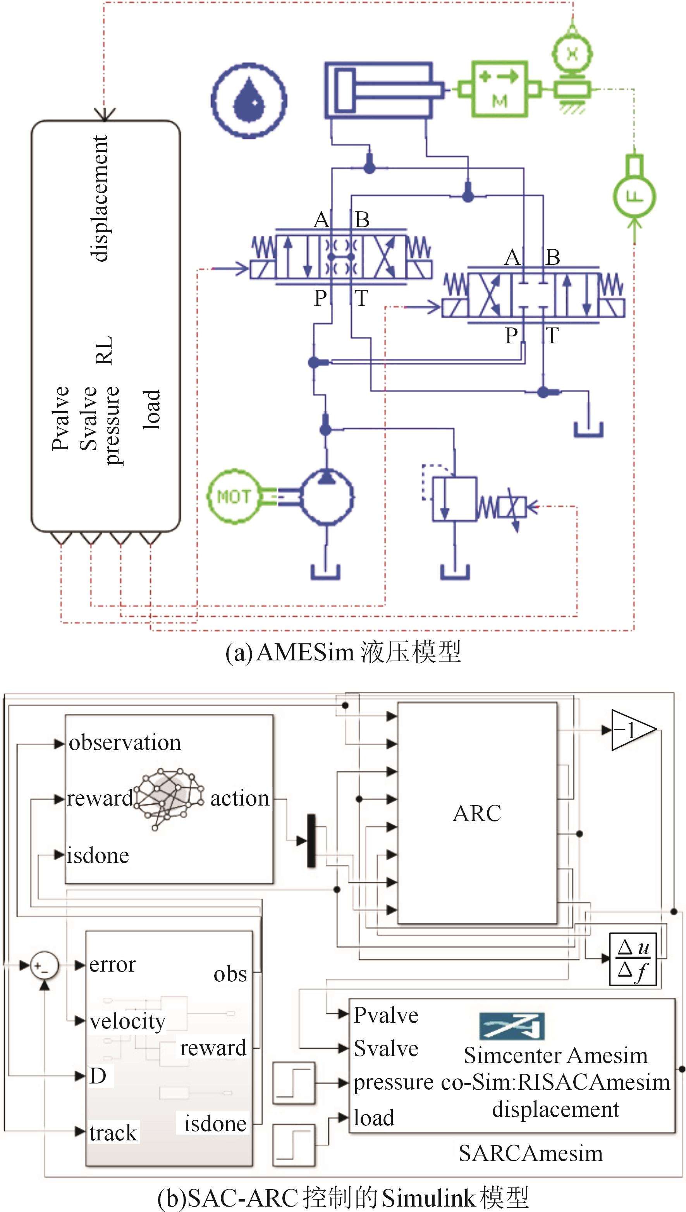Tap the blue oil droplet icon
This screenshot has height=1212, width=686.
(249, 101)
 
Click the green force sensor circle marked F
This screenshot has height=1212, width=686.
(634, 196)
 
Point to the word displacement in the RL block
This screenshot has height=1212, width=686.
(100, 198)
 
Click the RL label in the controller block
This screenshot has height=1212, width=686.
(104, 350)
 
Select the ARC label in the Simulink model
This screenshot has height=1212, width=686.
(477, 813)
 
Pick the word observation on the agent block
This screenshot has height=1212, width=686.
(125, 742)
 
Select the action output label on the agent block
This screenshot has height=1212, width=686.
(239, 798)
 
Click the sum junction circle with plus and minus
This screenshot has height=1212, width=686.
(44, 965)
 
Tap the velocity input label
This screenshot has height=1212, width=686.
(127, 1021)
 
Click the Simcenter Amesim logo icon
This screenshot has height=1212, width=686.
(512, 1027)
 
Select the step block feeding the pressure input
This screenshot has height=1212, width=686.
(294, 1083)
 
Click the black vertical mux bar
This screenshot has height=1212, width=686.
(311, 840)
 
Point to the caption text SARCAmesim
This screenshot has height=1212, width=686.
(531, 1153)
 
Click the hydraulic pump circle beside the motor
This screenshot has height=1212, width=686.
(327, 497)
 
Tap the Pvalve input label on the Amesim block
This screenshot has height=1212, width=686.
(386, 1015)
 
